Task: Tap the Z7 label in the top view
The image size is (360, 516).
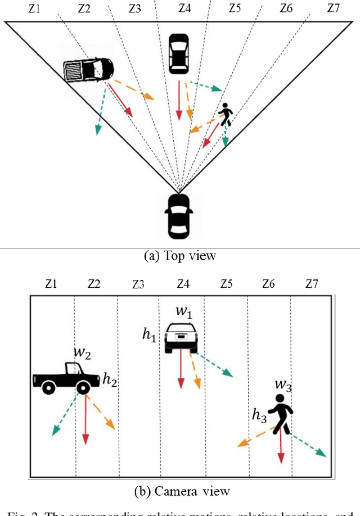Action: pyautogui.click(x=333, y=8)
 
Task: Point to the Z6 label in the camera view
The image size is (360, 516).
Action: pyautogui.click(x=269, y=284)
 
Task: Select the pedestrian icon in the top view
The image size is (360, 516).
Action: pyautogui.click(x=225, y=115)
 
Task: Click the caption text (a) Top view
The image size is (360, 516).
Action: pyautogui.click(x=180, y=256)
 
